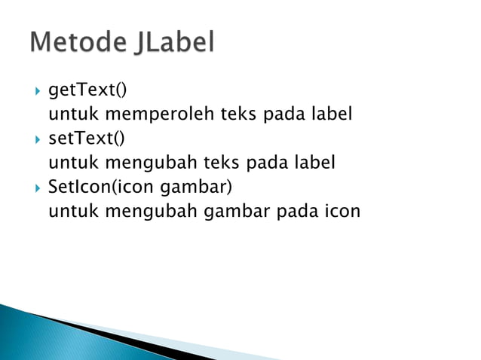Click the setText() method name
click(87, 139)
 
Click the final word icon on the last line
click(342, 212)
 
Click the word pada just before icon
click(298, 212)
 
